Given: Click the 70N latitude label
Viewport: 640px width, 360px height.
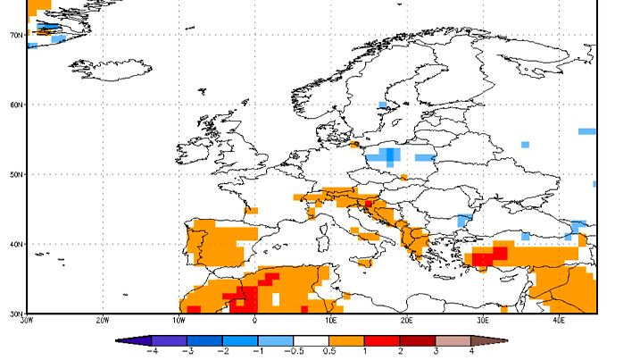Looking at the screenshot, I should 15,35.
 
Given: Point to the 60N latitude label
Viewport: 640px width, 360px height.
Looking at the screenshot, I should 15,105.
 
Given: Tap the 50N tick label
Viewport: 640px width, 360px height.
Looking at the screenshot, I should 15,174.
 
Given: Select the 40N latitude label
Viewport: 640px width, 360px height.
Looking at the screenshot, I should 15,244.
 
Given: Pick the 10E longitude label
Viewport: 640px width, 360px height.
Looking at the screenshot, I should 331,320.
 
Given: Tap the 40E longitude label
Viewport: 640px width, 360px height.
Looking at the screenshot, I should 559,320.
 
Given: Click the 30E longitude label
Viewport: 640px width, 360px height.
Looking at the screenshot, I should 483,320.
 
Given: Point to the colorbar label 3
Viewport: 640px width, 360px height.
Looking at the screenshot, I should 436,351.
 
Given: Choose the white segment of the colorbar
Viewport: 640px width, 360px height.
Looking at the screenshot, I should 312,339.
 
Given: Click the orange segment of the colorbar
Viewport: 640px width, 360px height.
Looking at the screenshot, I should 347,339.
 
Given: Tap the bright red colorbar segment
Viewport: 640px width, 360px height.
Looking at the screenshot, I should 383,339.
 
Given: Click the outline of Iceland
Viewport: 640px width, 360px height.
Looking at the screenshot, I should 112,68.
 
